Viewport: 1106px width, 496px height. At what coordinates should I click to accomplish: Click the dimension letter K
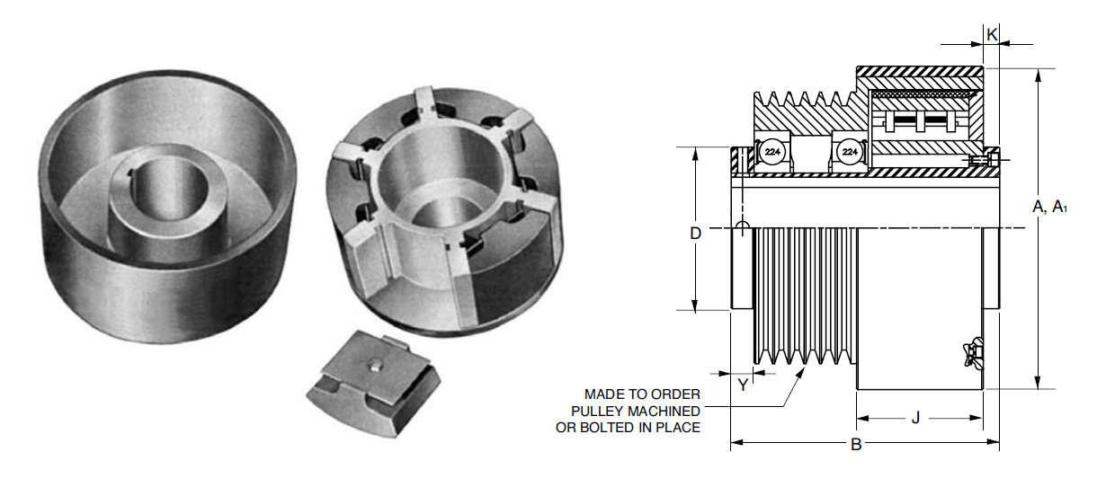coord(992,34)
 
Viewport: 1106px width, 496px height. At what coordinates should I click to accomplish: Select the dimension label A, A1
coord(1049,207)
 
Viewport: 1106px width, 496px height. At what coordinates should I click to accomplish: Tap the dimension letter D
coord(695,234)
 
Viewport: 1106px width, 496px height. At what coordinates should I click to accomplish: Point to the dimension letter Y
coord(743,385)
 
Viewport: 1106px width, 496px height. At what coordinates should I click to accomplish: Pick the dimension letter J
coord(915,418)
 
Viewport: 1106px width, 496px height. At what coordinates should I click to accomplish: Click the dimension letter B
coord(856,444)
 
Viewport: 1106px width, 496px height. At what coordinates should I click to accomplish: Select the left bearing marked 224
coord(772,154)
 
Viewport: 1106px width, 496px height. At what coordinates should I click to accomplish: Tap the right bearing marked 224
coord(849,154)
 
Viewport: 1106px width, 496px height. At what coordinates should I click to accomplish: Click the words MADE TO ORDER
coord(641,394)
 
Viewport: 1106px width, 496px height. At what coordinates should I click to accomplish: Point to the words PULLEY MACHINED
coord(635,411)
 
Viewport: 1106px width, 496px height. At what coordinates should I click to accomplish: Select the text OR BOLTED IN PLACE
coord(628,428)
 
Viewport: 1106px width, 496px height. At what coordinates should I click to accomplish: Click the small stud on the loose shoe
coord(372,365)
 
